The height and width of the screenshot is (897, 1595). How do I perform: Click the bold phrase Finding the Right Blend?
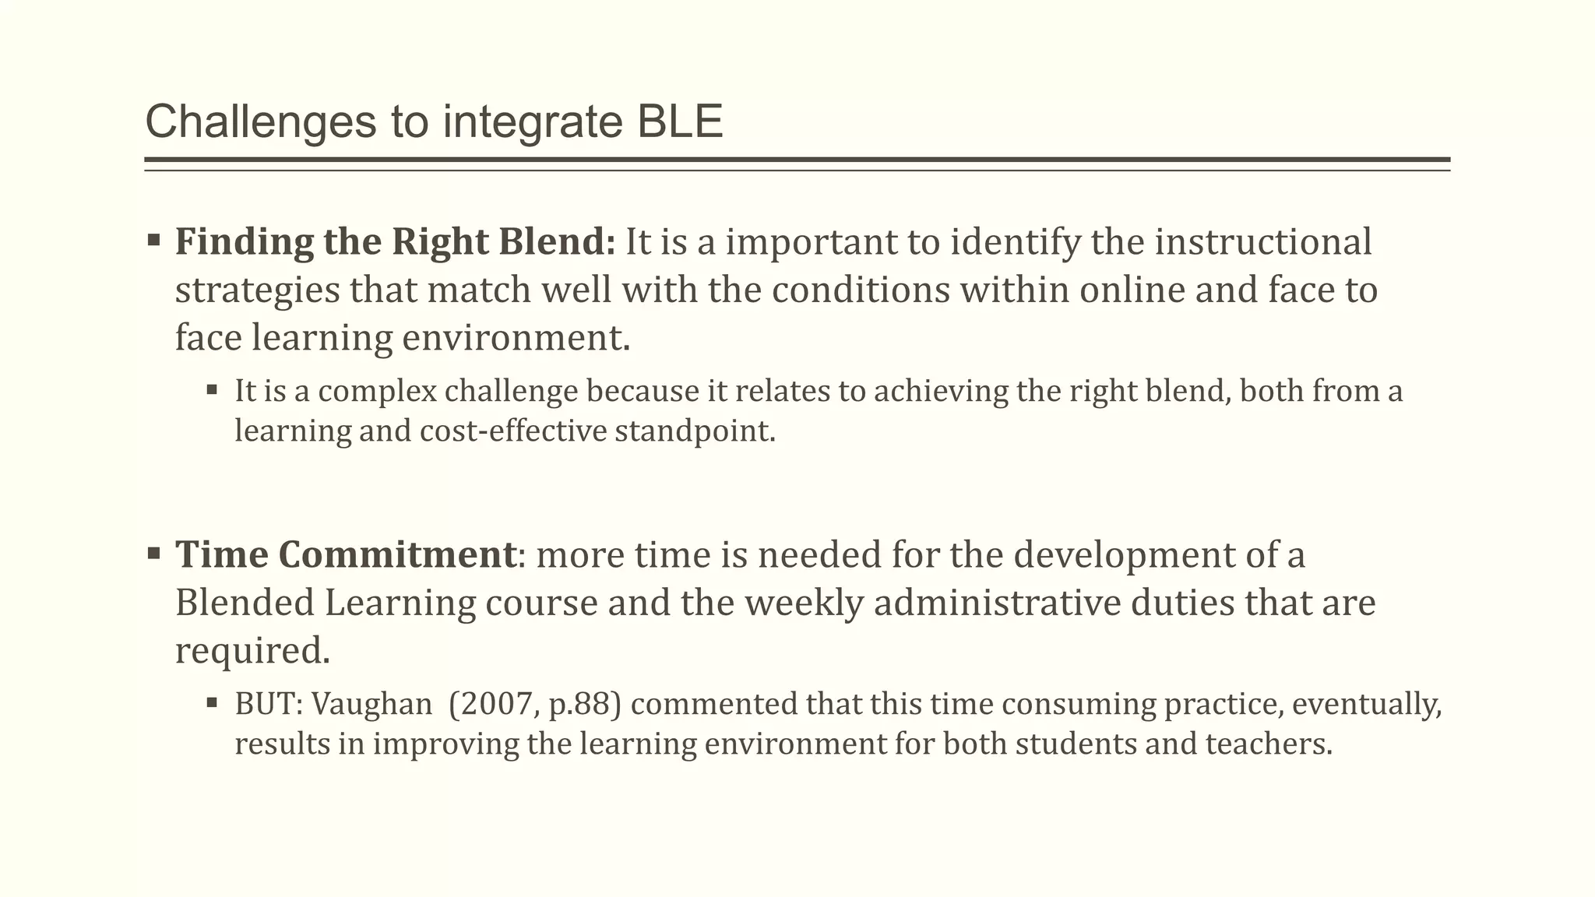pyautogui.click(x=396, y=241)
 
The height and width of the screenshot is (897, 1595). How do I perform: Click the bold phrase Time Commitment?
pyautogui.click(x=345, y=554)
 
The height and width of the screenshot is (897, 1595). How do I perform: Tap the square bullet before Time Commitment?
pyautogui.click(x=153, y=554)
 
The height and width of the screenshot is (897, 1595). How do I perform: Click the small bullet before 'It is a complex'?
pyautogui.click(x=212, y=388)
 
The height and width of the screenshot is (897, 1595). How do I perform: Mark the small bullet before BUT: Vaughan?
pyautogui.click(x=212, y=702)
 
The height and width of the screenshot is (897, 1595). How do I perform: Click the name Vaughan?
pyautogui.click(x=371, y=704)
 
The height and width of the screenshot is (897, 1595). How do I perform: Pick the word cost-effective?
pyautogui.click(x=512, y=431)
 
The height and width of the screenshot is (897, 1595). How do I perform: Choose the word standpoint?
pyautogui.click(x=695, y=431)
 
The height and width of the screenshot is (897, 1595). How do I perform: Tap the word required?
pyautogui.click(x=248, y=651)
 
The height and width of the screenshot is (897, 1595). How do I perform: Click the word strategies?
pyautogui.click(x=257, y=290)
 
